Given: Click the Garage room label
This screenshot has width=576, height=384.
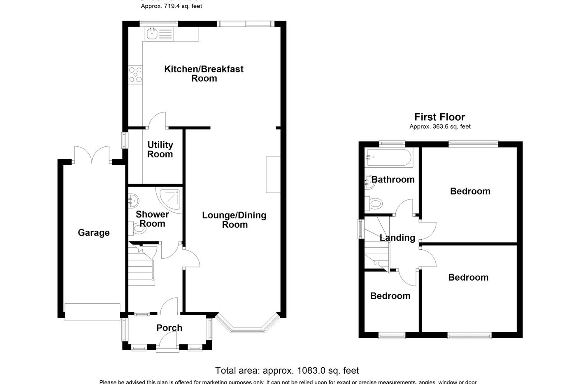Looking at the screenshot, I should click(94, 233).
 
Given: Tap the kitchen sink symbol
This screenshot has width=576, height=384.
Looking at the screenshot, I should click(151, 33).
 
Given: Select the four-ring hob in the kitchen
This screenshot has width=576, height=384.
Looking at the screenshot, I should click(135, 75).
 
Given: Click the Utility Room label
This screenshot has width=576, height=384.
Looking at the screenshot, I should click(160, 150).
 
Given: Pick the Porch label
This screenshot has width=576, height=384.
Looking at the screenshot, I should click(169, 328).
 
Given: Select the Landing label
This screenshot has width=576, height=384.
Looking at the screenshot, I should click(397, 238).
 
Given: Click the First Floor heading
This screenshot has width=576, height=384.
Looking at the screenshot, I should click(439, 117).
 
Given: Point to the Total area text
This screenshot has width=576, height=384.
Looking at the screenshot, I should click(287, 370).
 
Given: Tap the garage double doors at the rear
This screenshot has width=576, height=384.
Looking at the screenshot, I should click(93, 155).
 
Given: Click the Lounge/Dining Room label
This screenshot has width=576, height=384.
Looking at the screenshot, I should click(234, 220).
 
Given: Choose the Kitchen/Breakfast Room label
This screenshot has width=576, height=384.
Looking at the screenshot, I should click(204, 73).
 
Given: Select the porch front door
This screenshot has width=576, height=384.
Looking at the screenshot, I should click(168, 342).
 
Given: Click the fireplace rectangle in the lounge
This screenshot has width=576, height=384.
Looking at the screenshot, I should click(272, 175).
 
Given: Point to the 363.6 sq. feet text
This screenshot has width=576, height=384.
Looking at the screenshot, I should click(440, 127).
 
